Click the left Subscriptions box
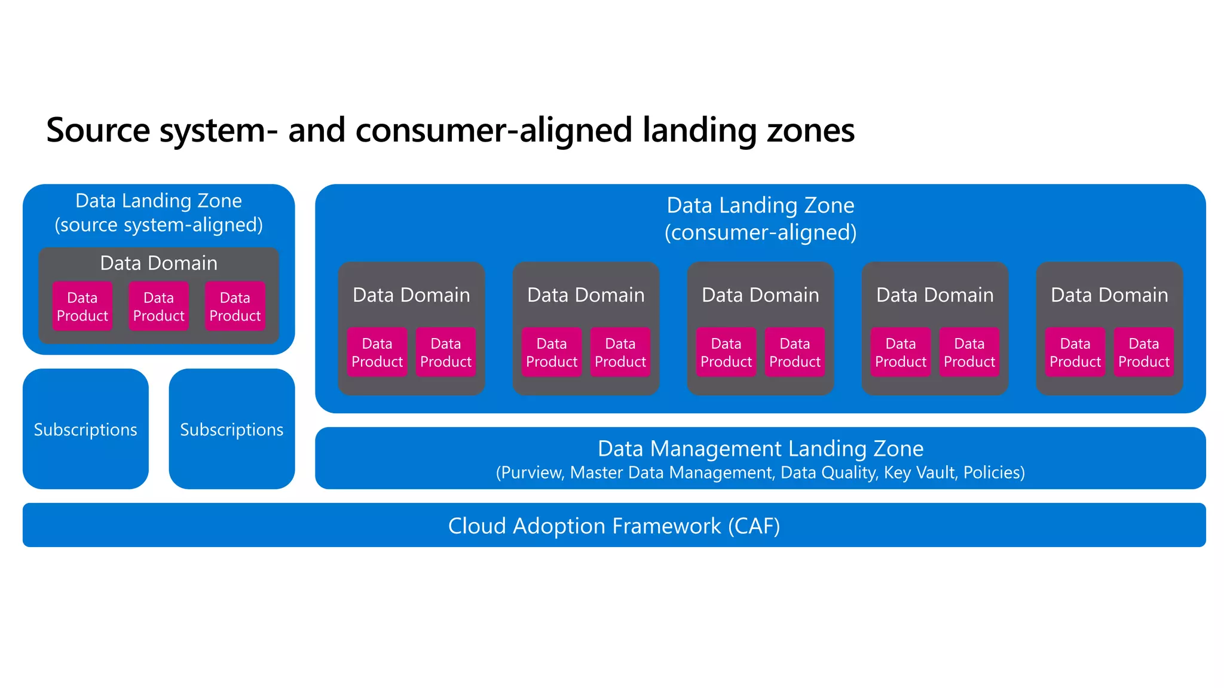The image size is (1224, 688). tap(85, 429)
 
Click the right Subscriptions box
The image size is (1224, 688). tap(232, 429)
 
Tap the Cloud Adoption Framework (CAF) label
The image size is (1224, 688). tap(614, 526)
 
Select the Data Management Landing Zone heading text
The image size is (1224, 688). tap(760, 448)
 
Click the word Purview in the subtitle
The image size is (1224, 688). tap(532, 472)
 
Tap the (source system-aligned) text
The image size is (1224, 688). tap(159, 225)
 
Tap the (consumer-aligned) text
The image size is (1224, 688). tap(760, 232)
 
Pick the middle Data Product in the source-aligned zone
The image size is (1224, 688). tap(159, 306)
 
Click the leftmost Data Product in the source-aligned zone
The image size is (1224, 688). tap(82, 306)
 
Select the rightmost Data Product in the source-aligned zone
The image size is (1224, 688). tap(235, 306)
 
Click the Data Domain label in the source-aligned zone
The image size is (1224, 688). tap(159, 263)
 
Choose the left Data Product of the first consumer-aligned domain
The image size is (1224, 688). tap(377, 352)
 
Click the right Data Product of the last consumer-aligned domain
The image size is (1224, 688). tap(1144, 352)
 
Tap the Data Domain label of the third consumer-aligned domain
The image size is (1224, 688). tap(760, 294)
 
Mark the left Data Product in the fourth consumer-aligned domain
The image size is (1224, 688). tap(901, 352)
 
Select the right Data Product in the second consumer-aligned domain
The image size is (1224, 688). tap(620, 352)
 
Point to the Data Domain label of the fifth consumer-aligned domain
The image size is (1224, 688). tap(1109, 294)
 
